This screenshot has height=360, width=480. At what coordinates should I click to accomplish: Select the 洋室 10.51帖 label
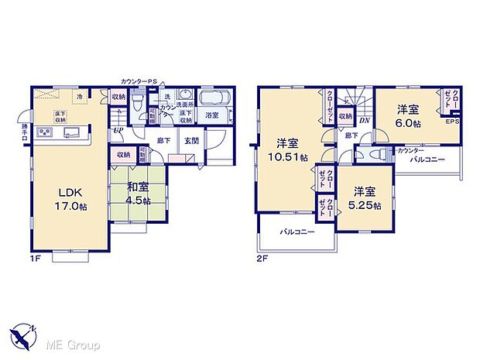(x=286, y=149)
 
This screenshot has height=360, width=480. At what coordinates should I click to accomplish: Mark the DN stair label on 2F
(x=363, y=118)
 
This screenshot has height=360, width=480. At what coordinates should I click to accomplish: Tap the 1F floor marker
(x=36, y=261)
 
